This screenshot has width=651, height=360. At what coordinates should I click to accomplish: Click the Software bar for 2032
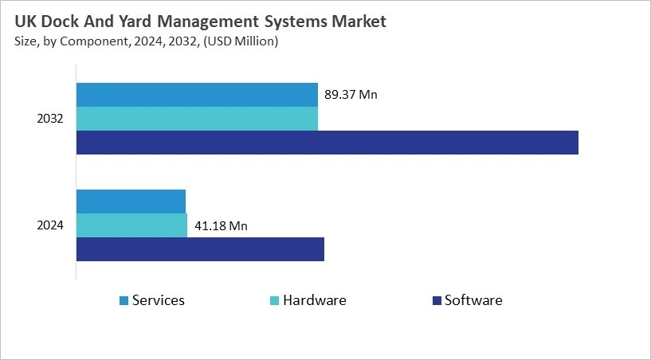coord(327,143)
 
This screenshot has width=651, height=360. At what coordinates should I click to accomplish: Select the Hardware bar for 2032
coord(197,119)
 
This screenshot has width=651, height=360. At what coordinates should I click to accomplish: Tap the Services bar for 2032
coord(197,95)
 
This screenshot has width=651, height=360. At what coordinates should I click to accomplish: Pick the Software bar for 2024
coord(200,249)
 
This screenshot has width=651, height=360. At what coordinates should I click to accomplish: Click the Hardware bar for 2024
coord(131,225)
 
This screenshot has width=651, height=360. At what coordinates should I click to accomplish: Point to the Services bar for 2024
coord(131,202)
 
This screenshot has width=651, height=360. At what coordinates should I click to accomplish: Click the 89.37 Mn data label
coord(351,95)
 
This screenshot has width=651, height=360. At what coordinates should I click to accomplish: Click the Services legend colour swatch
coord(124,301)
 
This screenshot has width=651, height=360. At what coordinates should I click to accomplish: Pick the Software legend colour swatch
coord(436,301)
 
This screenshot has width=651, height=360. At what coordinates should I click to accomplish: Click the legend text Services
coord(159,300)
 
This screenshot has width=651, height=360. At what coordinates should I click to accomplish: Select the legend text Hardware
coord(315,300)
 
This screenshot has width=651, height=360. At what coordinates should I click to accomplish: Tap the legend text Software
coord(473,300)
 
